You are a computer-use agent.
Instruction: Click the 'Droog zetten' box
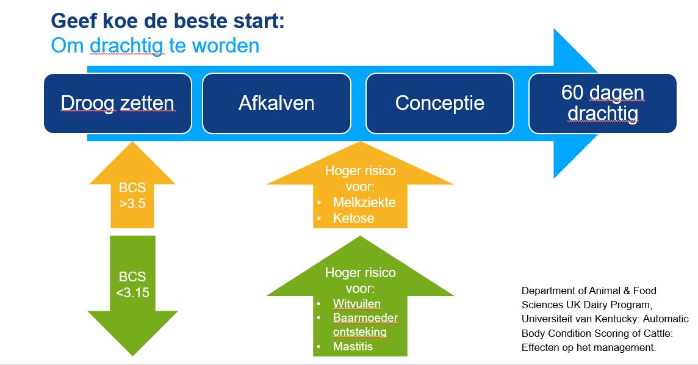click(x=118, y=103)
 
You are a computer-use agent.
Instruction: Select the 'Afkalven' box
click(x=276, y=103)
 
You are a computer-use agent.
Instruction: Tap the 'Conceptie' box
click(x=440, y=103)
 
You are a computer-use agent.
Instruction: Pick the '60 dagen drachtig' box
click(x=603, y=103)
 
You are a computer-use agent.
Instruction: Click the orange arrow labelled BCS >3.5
click(x=132, y=192)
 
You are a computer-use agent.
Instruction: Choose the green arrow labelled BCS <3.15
click(x=132, y=289)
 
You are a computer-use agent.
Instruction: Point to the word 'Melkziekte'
click(x=364, y=202)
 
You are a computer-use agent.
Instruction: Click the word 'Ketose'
click(x=353, y=218)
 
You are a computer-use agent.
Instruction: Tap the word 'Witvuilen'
click(x=356, y=303)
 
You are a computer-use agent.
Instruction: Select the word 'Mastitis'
click(x=353, y=346)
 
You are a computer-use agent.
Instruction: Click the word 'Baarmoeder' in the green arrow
click(x=365, y=318)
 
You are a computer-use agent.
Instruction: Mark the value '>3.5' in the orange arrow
click(x=132, y=203)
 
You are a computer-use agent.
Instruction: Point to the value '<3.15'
click(x=132, y=292)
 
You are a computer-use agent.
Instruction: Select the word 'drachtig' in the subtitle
click(x=126, y=46)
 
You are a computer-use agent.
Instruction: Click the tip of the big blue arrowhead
click(x=597, y=103)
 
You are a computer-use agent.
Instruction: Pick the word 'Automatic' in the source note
click(x=666, y=319)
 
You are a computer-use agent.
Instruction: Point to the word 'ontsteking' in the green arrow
click(x=360, y=333)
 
